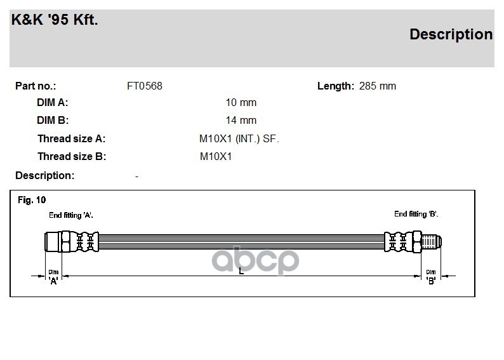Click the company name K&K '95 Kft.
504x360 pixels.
[x=55, y=20]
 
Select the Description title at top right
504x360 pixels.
[x=451, y=34]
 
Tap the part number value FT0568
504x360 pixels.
[x=145, y=86]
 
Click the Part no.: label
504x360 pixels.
[x=36, y=86]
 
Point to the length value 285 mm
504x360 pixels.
[x=377, y=86]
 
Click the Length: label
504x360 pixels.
[x=335, y=86]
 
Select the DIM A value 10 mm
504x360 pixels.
[x=241, y=103]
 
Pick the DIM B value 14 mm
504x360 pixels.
[x=241, y=120]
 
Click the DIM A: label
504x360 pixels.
[x=53, y=103]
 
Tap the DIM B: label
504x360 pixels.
[x=53, y=120]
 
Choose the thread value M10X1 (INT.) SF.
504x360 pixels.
[x=239, y=138]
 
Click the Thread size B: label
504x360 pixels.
[x=72, y=156]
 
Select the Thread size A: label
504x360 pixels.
[x=72, y=138]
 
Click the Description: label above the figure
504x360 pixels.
[x=44, y=175]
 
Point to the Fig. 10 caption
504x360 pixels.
[x=32, y=200]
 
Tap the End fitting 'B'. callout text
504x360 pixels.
[x=416, y=214]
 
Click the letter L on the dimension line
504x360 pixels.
[x=241, y=272]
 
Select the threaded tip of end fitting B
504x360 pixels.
[x=433, y=242]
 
